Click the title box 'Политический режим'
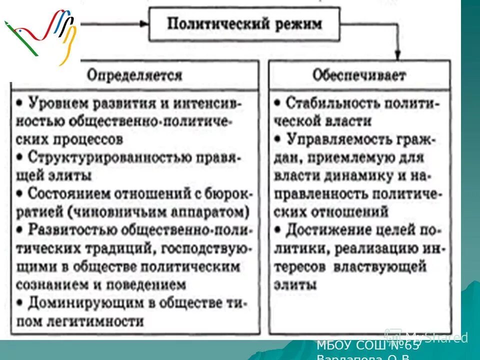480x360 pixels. (x=244, y=24)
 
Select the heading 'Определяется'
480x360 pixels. (x=134, y=75)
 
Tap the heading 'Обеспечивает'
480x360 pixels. (x=359, y=75)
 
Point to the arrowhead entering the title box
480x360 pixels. (x=144, y=23)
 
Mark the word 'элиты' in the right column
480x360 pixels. (x=295, y=285)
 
